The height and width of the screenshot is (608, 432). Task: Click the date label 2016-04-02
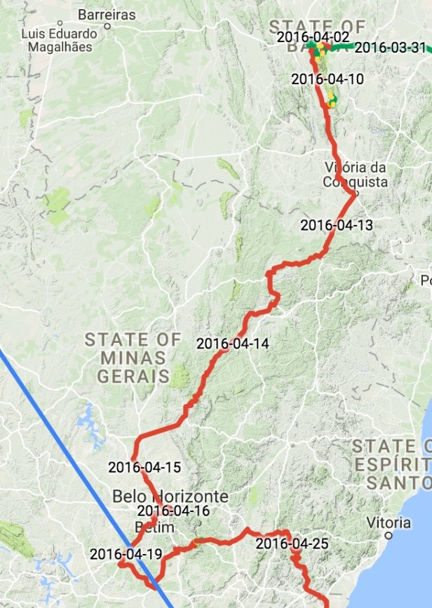(312, 37)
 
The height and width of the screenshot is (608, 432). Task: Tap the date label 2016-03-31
(390, 48)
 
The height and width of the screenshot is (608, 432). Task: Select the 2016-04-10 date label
(328, 79)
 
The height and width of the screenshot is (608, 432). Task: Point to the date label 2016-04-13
(337, 225)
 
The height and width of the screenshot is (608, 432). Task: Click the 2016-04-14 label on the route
(232, 344)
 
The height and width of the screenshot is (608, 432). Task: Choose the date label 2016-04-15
(144, 466)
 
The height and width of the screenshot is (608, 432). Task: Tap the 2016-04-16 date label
(173, 511)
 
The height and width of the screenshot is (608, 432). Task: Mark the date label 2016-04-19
(126, 554)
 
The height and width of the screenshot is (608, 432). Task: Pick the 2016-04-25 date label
(292, 543)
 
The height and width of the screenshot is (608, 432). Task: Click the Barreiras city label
(107, 14)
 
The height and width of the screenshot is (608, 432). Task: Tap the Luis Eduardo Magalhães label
(60, 41)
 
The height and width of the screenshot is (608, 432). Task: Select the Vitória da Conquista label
(356, 175)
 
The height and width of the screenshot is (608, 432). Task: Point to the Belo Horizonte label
(170, 496)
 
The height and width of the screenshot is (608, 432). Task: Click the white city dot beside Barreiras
(107, 26)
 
